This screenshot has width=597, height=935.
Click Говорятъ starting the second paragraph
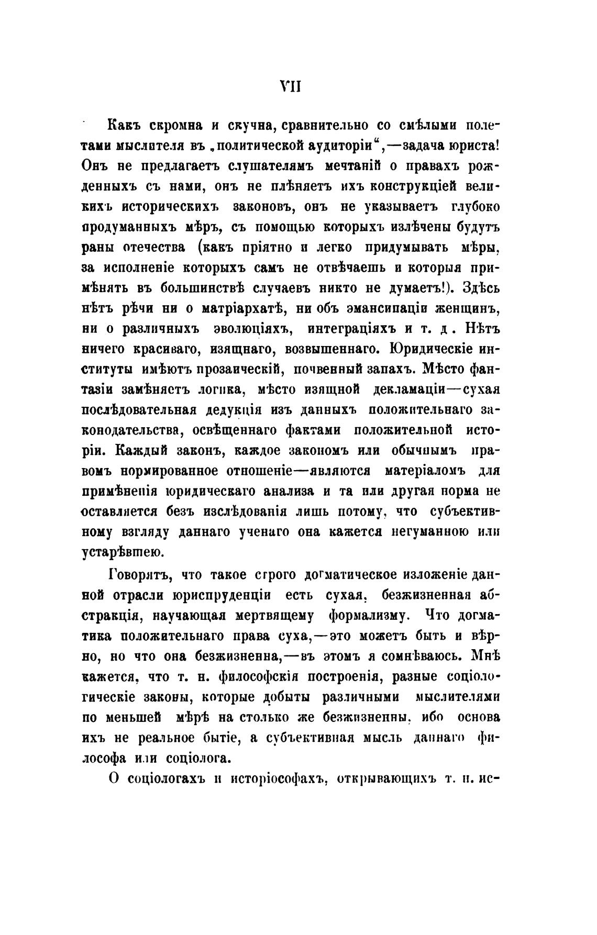click(139, 575)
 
